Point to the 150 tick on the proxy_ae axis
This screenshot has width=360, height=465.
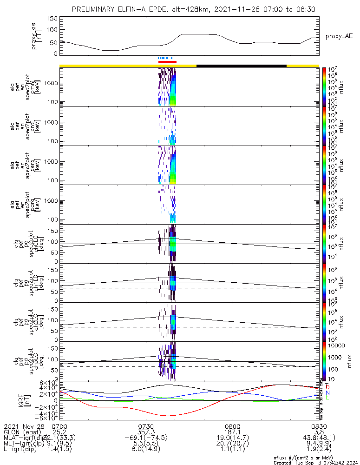52,19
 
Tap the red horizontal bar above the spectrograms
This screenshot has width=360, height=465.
167,61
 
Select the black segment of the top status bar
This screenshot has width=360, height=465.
242,66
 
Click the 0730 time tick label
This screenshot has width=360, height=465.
146,425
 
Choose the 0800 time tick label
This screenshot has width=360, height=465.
232,425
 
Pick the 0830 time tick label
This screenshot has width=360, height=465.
319,425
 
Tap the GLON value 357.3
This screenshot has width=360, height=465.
146,432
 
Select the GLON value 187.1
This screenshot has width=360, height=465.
232,432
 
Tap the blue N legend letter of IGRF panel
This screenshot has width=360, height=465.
327,392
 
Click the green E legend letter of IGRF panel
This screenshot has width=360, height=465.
327,398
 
